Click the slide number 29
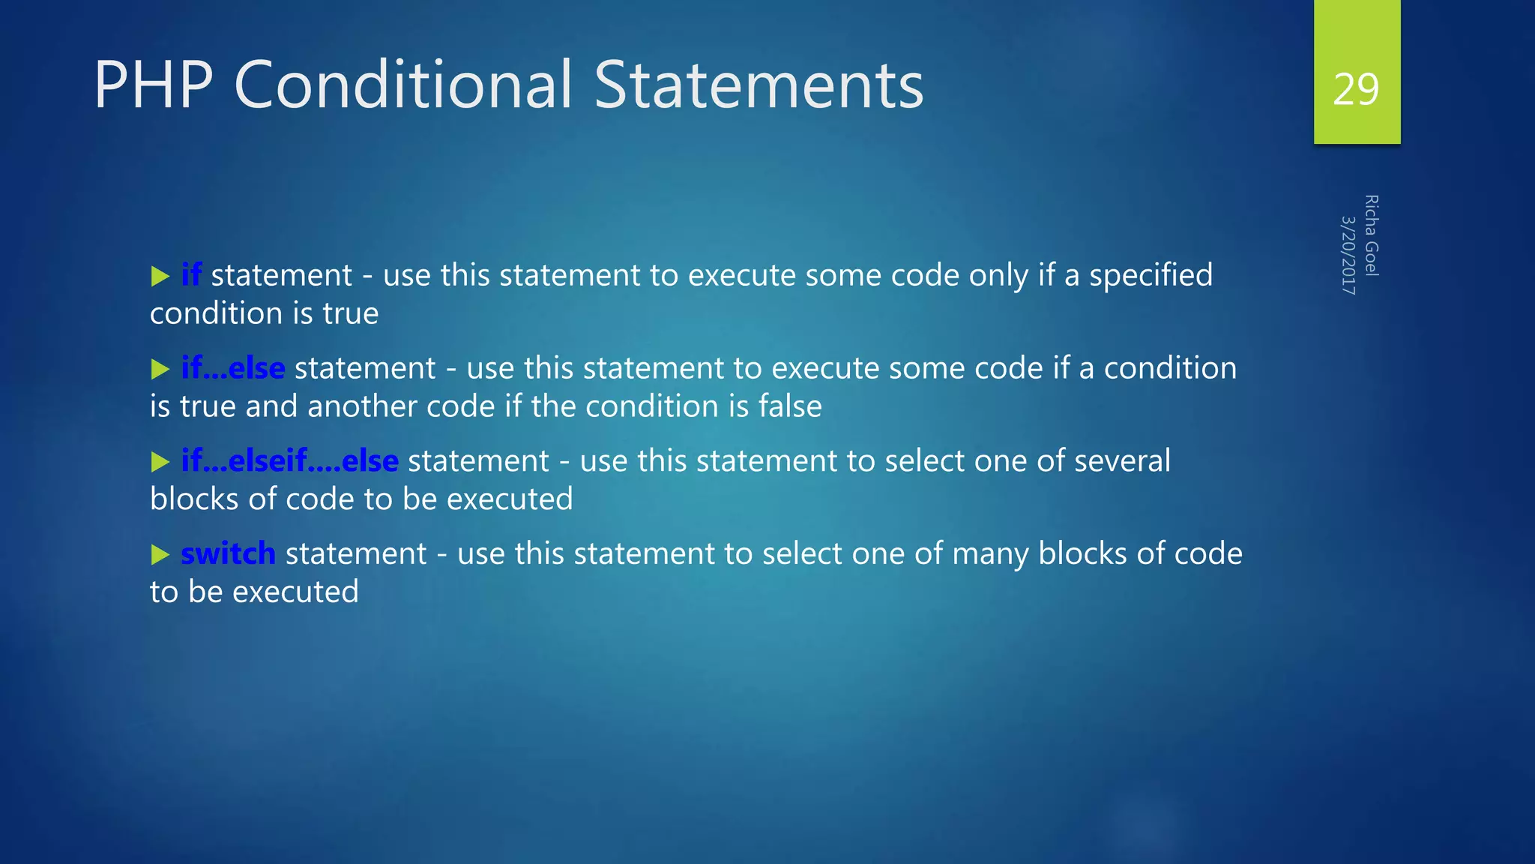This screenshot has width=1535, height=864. (1355, 90)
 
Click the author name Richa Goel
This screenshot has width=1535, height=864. (1371, 235)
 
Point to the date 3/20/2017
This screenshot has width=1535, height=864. (1348, 255)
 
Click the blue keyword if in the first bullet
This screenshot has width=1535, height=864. (191, 275)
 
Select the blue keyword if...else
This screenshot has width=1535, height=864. (233, 368)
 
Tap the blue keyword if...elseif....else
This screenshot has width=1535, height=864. (289, 460)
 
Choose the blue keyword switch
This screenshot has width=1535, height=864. (228, 553)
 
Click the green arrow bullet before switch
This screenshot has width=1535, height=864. (160, 555)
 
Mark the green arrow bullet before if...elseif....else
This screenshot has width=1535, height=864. (160, 462)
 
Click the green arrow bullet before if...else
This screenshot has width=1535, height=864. (160, 370)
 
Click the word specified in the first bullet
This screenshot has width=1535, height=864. (1151, 275)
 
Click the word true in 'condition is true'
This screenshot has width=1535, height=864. (350, 313)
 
